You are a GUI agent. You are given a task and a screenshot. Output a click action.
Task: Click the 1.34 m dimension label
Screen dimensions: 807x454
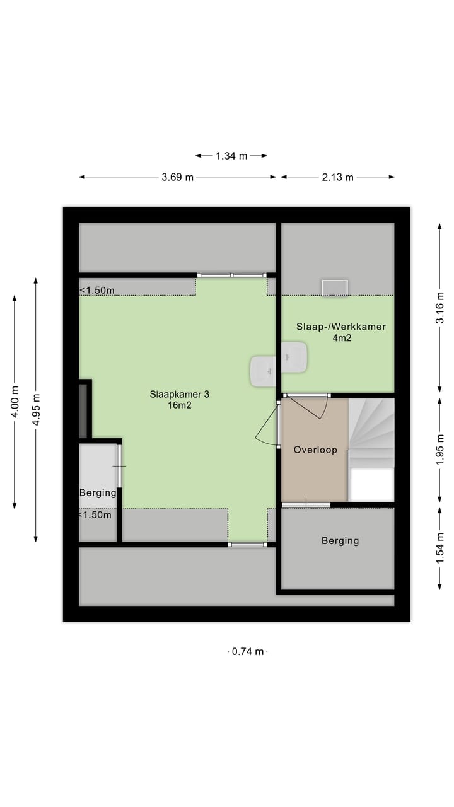pos(231,156)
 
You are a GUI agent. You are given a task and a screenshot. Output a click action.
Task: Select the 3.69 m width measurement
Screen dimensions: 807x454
pos(177,177)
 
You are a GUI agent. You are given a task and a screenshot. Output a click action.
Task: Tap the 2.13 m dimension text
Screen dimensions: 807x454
pos(337,177)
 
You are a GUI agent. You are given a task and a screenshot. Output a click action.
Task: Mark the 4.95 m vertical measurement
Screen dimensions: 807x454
pos(37,409)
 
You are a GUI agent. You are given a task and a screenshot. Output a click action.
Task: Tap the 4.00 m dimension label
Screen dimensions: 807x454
pos(15,402)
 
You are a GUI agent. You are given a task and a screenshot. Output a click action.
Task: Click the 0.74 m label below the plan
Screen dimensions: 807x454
pos(247,652)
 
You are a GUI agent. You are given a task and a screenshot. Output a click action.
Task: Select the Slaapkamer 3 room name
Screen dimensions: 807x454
pos(179,395)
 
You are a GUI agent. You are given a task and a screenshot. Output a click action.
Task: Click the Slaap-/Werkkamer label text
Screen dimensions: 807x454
pos(340,327)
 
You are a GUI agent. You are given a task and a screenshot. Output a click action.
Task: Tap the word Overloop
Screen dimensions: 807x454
pos(315,450)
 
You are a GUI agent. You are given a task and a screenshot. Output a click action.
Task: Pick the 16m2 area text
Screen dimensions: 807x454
pos(179,406)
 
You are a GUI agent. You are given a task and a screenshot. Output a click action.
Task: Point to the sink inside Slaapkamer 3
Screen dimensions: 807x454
pos(263,371)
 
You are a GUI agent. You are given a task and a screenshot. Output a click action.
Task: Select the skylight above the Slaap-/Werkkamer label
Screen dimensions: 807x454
pos(334,287)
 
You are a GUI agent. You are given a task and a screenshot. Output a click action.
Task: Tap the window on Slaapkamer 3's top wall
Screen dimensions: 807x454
pos(231,275)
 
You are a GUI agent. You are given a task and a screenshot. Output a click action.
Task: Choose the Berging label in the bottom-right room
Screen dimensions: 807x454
pos(340,540)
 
